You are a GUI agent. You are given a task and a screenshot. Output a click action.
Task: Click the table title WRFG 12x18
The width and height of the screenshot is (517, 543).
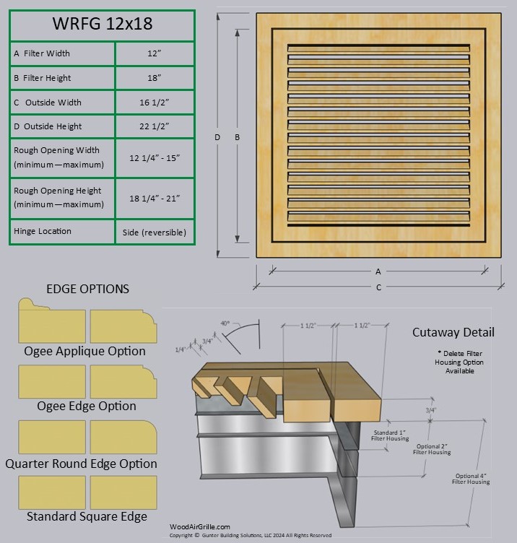[x=102, y=24]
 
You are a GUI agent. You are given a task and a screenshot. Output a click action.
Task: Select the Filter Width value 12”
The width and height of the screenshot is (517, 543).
[x=155, y=53]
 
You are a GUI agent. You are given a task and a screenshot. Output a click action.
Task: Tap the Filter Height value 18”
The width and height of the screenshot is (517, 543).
[x=155, y=78]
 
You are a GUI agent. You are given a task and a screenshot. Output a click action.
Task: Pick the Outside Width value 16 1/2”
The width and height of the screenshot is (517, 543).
[x=155, y=103]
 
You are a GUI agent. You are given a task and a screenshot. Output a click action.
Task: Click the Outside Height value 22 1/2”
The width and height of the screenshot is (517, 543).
[x=155, y=126]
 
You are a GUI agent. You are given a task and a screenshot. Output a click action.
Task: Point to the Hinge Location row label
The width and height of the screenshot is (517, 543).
[x=43, y=231]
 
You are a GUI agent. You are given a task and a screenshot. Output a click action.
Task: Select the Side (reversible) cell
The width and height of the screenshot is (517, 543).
[x=155, y=232]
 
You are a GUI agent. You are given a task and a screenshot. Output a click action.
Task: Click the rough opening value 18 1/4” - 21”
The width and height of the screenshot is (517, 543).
[x=155, y=198]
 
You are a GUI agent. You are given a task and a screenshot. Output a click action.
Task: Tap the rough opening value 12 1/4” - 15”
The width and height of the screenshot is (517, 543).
[x=155, y=157]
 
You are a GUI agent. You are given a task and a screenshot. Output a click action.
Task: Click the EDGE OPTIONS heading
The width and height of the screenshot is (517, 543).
[x=87, y=289]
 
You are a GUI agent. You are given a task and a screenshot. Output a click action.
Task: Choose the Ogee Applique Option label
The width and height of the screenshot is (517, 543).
[x=84, y=352]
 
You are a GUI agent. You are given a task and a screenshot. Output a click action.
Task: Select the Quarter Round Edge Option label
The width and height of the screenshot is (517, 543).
[x=81, y=464]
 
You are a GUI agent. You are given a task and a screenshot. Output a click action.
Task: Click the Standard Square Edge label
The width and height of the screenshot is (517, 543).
[x=87, y=516]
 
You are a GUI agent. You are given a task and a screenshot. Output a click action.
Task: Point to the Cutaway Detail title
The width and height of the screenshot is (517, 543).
[x=453, y=332]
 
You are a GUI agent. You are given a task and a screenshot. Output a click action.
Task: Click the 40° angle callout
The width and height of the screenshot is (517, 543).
[x=225, y=323]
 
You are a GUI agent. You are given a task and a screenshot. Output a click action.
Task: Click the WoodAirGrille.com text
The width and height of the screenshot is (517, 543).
[x=200, y=527]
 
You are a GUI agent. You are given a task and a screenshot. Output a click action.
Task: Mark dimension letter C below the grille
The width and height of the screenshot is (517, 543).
[x=378, y=287]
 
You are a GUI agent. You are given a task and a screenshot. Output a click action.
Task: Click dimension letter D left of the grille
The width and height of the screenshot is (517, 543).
[x=217, y=137]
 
